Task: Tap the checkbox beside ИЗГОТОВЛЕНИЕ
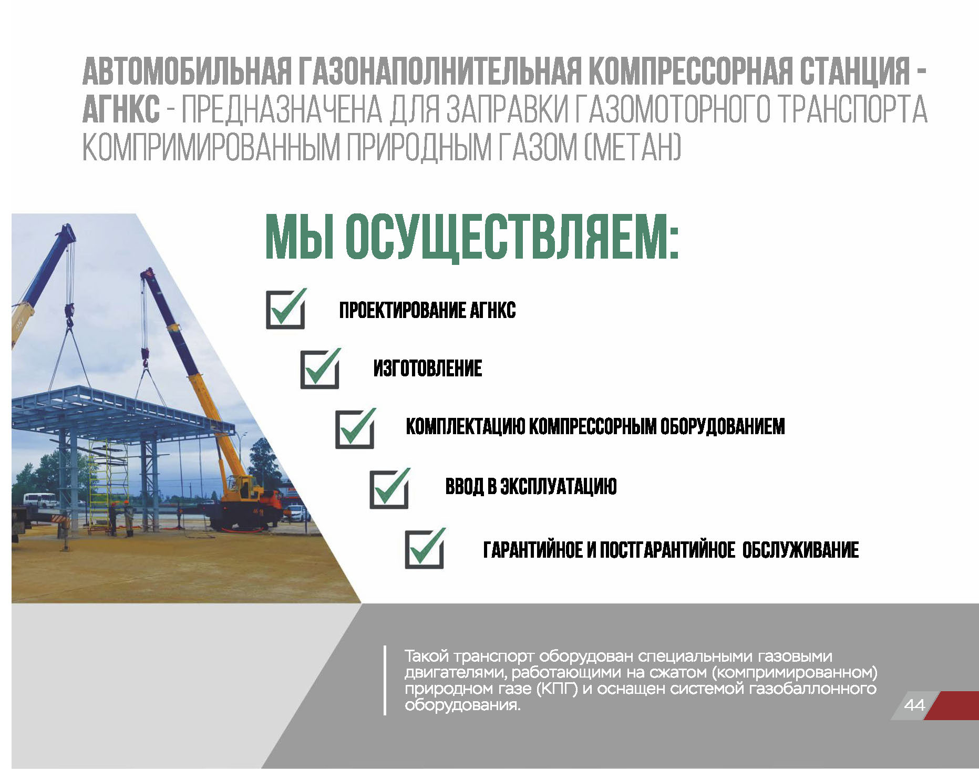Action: tap(320, 369)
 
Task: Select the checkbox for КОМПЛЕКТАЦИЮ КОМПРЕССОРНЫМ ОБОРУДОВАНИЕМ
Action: tap(355, 428)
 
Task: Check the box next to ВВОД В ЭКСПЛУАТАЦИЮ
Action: tap(389, 488)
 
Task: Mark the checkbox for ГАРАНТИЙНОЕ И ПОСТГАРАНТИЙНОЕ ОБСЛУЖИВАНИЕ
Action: tap(425, 548)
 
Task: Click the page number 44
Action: tap(914, 705)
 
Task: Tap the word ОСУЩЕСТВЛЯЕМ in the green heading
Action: tap(511, 237)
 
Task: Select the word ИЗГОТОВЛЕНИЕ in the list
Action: tap(428, 368)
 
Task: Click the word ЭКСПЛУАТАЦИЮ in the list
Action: tap(558, 486)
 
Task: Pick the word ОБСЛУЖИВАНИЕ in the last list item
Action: tap(801, 550)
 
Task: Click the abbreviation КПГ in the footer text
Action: tap(557, 689)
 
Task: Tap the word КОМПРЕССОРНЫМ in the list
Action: tap(592, 427)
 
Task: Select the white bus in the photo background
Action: tap(39, 499)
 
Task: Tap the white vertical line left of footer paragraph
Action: tap(385, 680)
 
